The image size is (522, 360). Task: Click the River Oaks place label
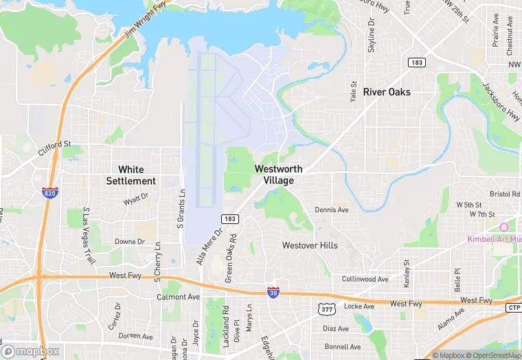click(387, 92)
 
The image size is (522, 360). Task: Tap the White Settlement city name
click(130, 175)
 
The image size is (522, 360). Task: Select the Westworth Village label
click(278, 175)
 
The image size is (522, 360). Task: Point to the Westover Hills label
click(310, 245)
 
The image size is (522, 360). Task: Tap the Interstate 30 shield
click(273, 293)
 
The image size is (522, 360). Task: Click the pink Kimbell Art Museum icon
click(503, 227)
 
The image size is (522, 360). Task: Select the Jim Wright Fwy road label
click(146, 19)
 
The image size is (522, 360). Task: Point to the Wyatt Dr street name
click(135, 201)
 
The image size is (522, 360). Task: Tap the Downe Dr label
click(128, 242)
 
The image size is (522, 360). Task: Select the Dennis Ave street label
click(332, 210)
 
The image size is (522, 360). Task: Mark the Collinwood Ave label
click(365, 280)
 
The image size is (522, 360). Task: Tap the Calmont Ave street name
click(178, 297)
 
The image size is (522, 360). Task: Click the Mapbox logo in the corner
click(31, 350)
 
